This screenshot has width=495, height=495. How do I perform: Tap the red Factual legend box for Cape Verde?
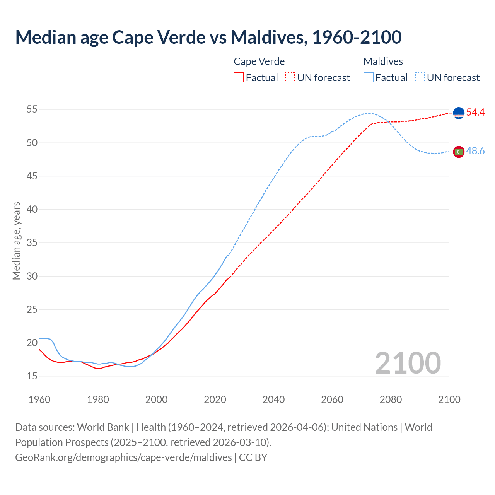tap(239, 78)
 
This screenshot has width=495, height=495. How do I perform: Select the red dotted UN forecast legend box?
tap(290, 78)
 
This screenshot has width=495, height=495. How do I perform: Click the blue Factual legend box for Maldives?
tap(369, 78)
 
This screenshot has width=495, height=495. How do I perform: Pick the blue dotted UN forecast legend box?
tap(420, 78)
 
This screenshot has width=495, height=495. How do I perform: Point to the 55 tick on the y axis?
tap(32, 109)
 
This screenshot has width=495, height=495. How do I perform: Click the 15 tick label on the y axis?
tap(32, 376)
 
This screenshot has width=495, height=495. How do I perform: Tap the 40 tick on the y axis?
tap(32, 210)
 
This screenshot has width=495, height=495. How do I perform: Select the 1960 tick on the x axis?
tap(39, 399)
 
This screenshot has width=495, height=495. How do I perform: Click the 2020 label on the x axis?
tap(215, 399)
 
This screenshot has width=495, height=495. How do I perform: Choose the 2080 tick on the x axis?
tap(391, 399)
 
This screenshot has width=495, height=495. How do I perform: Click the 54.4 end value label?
tap(475, 113)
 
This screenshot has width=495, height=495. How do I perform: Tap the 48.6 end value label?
tap(475, 151)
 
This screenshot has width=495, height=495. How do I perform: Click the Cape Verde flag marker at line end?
tap(459, 113)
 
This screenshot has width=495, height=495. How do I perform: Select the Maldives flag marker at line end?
tap(459, 152)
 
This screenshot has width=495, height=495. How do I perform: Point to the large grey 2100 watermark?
tap(408, 363)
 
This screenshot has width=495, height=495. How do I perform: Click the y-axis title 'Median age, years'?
tap(16, 241)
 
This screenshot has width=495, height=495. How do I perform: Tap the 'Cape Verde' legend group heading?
tap(259, 61)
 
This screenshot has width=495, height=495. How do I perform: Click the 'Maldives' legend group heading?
tap(383, 61)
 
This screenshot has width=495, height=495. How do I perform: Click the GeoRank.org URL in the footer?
tap(123, 457)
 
